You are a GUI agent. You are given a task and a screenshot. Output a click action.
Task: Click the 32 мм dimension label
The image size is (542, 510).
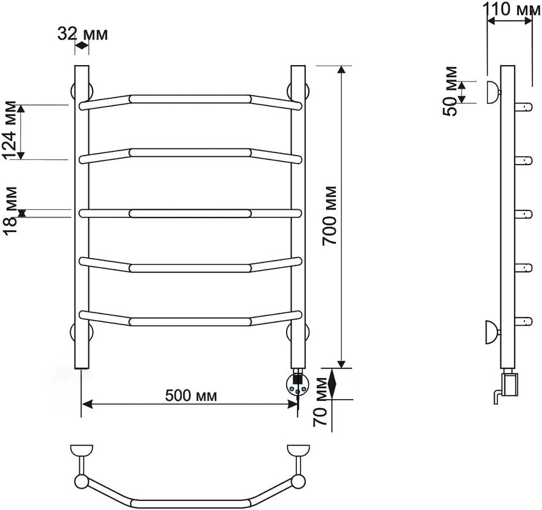tap(82, 34)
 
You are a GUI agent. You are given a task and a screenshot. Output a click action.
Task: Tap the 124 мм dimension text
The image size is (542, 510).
tap(10, 130)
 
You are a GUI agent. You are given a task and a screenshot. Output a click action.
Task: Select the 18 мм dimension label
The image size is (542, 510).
tap(11, 210)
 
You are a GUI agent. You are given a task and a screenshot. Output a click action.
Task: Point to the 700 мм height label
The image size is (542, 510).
tap(329, 215)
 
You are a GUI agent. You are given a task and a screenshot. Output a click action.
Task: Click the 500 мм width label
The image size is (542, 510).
tap(191, 395)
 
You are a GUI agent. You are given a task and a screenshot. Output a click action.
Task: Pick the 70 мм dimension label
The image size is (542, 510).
tap(320, 402)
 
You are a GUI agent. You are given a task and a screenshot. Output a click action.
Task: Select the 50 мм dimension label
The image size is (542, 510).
tap(451, 91)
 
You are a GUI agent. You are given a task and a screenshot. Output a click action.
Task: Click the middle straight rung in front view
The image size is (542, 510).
tap(190, 214)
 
